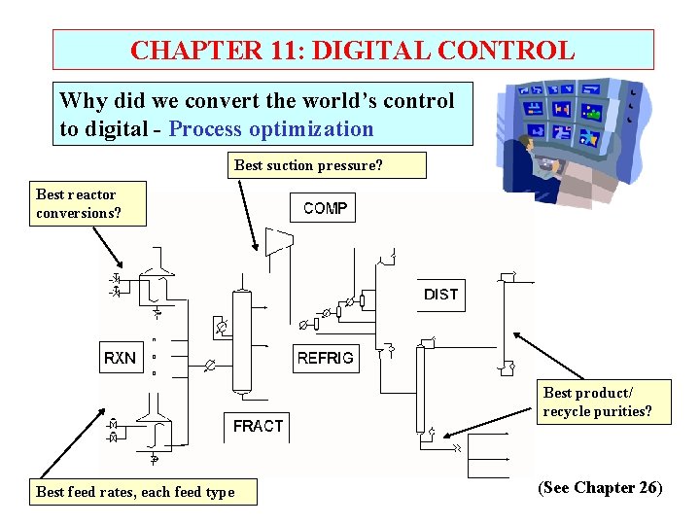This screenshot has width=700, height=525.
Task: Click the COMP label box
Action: tap(325, 208)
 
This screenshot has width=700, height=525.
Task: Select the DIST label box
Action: tap(440, 295)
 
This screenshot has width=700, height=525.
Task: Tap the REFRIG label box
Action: tap(326, 358)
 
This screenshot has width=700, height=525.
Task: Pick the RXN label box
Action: tap(121, 358)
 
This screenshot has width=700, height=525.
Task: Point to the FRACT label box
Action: tap(259, 426)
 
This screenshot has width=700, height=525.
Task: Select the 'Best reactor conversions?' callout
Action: tap(88, 204)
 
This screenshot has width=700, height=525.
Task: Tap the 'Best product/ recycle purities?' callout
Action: tap(605, 402)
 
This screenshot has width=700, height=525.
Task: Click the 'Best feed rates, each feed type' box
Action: tap(135, 492)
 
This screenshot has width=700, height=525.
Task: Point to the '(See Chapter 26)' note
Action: tap(600, 488)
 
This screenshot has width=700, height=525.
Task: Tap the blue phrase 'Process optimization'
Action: tap(271, 129)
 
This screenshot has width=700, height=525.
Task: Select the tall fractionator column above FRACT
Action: tap(242, 340)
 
